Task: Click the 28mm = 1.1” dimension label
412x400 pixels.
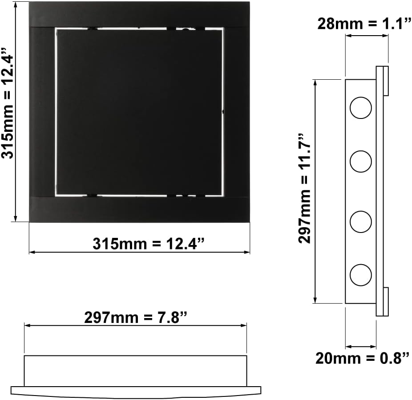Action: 363,24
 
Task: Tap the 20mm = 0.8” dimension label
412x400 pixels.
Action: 362,358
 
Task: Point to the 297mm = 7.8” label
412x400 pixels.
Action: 135,318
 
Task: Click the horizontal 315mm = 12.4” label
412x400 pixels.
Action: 149,244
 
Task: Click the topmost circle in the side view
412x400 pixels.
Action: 360,108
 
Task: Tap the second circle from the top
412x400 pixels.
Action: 360,161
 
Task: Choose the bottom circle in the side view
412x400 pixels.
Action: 360,275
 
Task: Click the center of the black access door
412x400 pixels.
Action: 139,112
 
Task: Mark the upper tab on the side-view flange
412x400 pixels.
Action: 386,81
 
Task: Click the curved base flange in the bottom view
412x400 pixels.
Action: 135,392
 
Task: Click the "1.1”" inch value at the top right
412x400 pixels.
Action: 396,24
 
